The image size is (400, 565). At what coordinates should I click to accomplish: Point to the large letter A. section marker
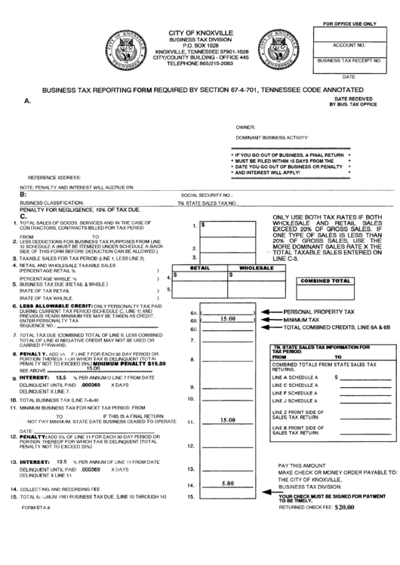click(x=27, y=100)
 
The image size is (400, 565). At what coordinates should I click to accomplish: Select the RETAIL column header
click(x=199, y=268)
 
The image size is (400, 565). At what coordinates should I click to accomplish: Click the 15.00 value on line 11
click(x=226, y=421)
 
